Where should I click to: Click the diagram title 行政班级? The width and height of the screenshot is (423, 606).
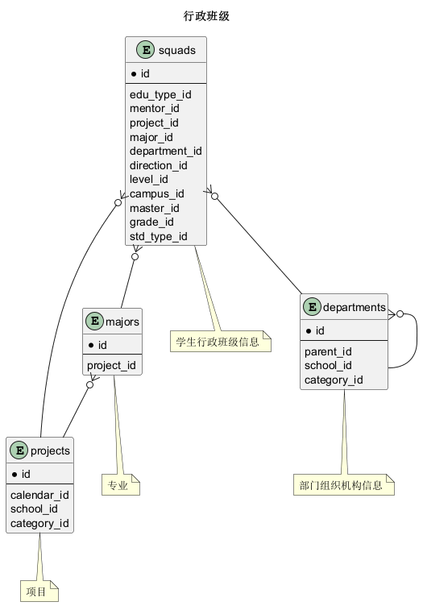(x=206, y=16)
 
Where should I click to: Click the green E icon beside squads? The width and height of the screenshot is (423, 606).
(x=146, y=50)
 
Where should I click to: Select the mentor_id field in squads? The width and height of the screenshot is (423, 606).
(x=154, y=109)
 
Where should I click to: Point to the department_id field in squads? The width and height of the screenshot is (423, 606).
(x=165, y=151)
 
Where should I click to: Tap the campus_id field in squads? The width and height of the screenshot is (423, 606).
(x=156, y=193)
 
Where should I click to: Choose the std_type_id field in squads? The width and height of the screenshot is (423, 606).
(x=159, y=236)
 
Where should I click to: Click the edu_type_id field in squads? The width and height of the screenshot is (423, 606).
(x=160, y=95)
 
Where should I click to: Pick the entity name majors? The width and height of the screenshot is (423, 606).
(x=122, y=322)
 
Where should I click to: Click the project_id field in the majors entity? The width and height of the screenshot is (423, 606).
(x=111, y=365)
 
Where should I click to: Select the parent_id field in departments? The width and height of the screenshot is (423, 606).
(x=328, y=351)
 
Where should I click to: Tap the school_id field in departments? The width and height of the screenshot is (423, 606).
(x=328, y=366)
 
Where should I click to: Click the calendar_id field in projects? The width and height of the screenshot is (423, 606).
(x=39, y=495)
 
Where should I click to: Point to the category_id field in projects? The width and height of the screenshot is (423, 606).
(x=39, y=523)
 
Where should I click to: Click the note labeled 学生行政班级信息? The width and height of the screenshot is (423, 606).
(x=221, y=341)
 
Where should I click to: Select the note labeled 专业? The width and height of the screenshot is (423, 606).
(x=121, y=484)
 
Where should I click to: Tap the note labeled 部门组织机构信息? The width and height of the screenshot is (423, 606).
(x=344, y=484)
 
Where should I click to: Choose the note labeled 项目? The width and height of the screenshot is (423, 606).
(x=39, y=591)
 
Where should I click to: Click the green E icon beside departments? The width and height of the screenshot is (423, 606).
(x=312, y=307)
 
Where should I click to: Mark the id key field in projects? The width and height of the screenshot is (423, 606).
(x=21, y=474)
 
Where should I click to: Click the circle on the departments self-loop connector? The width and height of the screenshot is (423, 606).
(x=400, y=314)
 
